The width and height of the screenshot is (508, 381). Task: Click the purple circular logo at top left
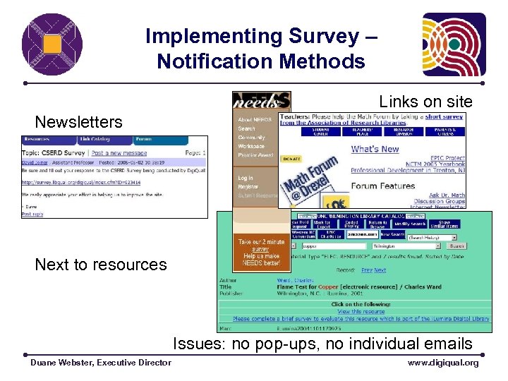coord(52,44)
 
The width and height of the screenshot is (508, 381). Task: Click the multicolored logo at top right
coord(454,44)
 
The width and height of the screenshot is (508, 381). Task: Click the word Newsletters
coord(78,122)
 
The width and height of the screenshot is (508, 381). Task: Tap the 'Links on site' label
coord(425,102)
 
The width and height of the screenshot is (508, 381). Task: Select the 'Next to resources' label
coord(101,265)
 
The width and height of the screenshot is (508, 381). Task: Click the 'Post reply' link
coord(32,213)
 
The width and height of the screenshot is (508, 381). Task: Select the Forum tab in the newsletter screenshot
coord(143,140)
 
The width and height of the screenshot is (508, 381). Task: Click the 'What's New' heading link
coord(375,149)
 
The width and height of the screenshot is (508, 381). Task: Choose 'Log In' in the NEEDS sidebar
coord(245,179)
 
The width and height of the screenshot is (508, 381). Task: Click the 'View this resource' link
coord(361,311)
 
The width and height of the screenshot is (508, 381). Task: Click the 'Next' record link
coord(380,270)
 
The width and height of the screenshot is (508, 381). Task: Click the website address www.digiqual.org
coord(443,363)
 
